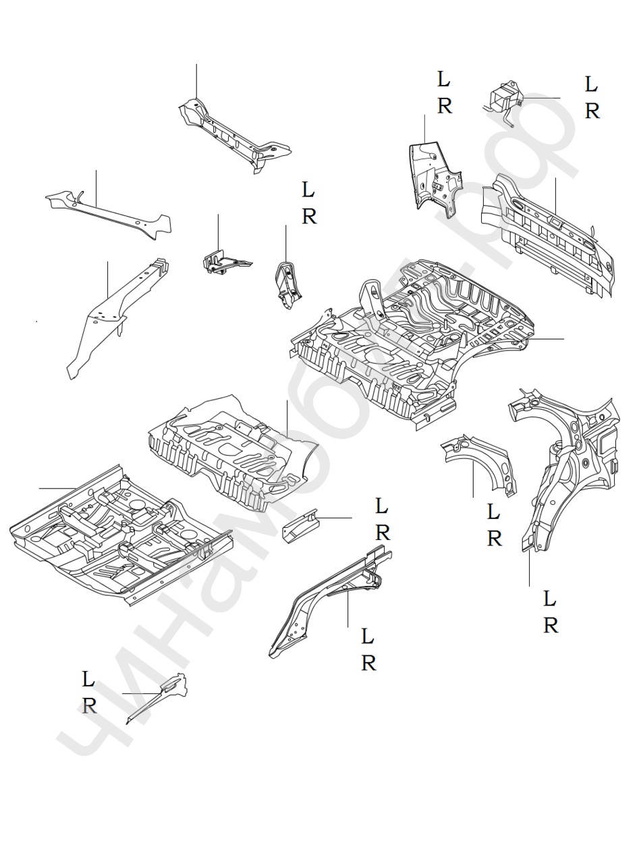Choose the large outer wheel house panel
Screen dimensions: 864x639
(x=567, y=466)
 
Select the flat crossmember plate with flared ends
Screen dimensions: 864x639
(x=108, y=213)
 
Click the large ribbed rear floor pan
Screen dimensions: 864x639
(x=412, y=337)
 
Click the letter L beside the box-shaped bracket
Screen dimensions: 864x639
(x=591, y=85)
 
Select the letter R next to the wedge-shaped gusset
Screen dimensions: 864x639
(x=89, y=706)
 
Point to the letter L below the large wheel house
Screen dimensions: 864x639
(x=550, y=599)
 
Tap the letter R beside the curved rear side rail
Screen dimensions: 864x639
(x=368, y=664)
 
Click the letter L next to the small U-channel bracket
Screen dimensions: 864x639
(x=382, y=506)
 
